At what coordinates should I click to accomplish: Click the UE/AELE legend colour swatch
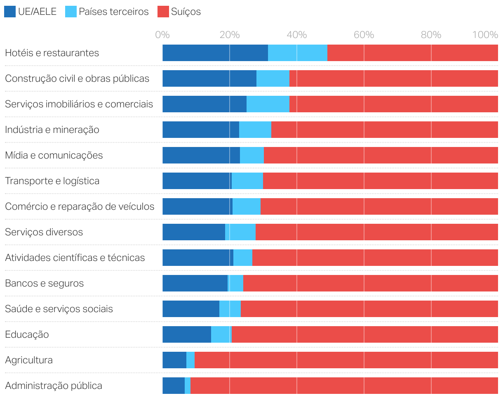(x=10, y=12)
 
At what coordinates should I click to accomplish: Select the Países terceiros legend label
(x=113, y=12)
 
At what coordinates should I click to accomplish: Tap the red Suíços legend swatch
(x=163, y=12)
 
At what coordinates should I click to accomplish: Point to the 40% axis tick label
(x=296, y=35)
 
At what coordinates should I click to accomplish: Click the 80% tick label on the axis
(x=431, y=35)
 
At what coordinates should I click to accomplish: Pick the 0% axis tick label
(x=162, y=35)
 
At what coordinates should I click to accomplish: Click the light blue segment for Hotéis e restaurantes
(x=297, y=53)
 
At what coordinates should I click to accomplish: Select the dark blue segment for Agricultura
(x=174, y=360)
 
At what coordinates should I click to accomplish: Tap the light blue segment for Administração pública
(x=188, y=386)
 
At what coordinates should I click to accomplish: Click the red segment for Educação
(x=364, y=334)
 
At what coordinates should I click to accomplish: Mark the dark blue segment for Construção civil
(x=209, y=78)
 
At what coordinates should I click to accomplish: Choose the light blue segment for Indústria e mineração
(x=255, y=130)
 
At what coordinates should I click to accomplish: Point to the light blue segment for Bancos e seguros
(x=236, y=283)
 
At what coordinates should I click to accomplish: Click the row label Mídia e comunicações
(x=54, y=155)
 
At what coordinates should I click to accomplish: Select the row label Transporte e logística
(x=52, y=181)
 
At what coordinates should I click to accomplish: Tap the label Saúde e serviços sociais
(x=59, y=309)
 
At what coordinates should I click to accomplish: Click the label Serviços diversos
(x=44, y=232)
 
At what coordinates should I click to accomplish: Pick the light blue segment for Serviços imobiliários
(x=268, y=104)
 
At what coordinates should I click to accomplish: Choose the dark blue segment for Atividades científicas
(x=198, y=258)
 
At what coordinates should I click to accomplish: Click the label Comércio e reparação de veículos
(x=80, y=206)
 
